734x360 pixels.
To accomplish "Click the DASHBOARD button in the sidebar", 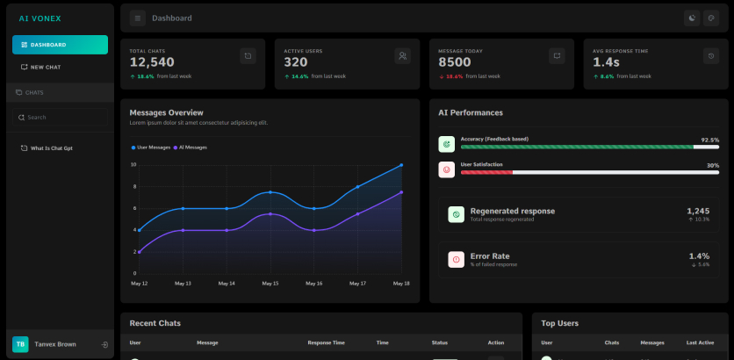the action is pos(60,45).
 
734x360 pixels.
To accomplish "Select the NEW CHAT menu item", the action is pos(41,67).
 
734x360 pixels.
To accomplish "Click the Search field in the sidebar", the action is pos(60,117).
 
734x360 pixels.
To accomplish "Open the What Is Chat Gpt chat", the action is pos(47,148).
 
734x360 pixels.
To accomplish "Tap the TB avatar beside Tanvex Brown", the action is pos(20,344).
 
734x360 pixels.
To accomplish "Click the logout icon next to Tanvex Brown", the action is pos(104,344).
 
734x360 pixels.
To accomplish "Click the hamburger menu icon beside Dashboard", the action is pos(138,18).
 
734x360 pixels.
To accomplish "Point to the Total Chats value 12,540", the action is pos(152,61).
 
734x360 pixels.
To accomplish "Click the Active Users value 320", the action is pos(296,61).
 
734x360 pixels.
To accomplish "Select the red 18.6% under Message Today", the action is pos(454,76).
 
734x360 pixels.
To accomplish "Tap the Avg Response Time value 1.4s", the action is pos(606,61).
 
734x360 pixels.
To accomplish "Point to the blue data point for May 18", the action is pos(401,165).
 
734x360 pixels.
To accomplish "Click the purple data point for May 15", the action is pos(270,214).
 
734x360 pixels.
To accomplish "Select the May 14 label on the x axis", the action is pos(227,284).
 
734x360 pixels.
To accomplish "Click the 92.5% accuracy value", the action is pos(709,140).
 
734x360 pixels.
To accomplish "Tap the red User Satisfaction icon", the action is pos(447,169).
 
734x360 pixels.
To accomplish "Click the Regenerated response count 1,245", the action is pos(698,211).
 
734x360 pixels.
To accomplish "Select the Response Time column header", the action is pos(327,342).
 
